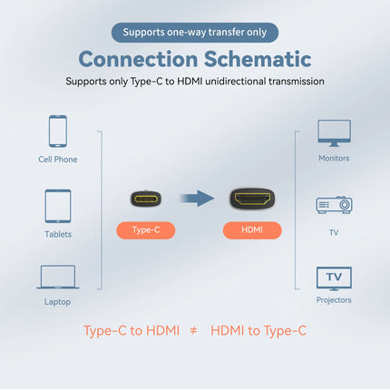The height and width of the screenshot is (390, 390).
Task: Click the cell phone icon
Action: point(57,132)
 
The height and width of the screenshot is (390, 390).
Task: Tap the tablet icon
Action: point(57,206)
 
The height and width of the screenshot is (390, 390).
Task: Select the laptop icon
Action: point(57,277)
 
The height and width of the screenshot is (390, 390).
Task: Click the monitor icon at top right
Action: point(333,133)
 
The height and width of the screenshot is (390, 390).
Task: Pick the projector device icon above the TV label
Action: point(333,206)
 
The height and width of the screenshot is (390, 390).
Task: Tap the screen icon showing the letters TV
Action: point(333,277)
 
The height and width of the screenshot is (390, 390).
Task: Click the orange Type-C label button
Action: point(145,229)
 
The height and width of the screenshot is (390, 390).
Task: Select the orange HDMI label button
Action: point(251,229)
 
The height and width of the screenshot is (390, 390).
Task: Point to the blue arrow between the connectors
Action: point(196,198)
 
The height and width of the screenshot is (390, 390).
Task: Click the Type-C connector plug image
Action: point(145,198)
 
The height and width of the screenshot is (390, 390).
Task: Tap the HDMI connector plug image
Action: point(252,198)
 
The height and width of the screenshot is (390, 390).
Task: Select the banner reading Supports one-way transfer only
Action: point(195,33)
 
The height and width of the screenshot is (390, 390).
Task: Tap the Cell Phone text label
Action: point(57,160)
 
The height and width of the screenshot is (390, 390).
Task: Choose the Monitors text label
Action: point(333,159)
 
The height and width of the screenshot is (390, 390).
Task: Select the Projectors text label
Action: point(333,300)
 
